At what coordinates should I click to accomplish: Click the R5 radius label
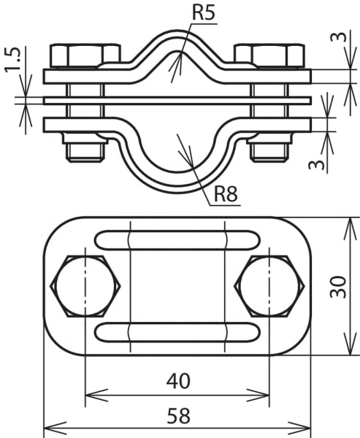click(204, 12)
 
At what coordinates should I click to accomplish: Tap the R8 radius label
click(226, 193)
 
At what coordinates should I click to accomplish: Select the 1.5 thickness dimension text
click(12, 60)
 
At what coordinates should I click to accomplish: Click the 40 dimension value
click(178, 381)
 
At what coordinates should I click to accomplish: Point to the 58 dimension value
click(179, 415)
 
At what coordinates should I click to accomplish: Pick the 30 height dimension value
click(338, 287)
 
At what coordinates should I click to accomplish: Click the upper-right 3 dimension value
click(339, 37)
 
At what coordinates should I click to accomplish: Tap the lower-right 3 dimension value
click(317, 165)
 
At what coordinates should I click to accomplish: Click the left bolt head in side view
click(85, 55)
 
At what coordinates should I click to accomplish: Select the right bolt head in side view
click(269, 55)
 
